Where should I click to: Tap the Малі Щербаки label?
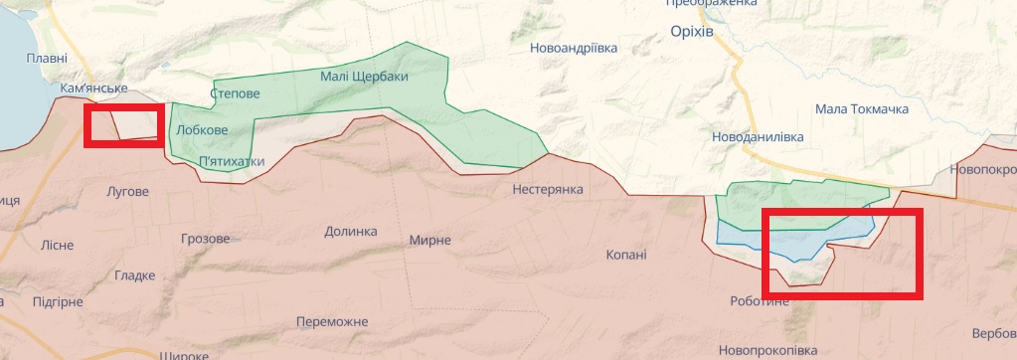[364, 77]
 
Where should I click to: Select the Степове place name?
[236, 93]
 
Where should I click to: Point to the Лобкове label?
[201, 130]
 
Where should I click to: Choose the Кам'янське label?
[93, 89]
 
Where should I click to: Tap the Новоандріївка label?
[574, 47]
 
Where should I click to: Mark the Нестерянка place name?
[548, 189]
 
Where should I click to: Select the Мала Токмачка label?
[861, 108]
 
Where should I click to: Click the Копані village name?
[626, 255]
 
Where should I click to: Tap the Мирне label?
[429, 240]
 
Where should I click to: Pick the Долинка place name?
[351, 231]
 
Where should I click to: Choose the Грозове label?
[206, 239]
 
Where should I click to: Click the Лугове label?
[127, 191]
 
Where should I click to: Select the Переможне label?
[332, 321]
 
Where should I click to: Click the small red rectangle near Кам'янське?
[123, 126]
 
